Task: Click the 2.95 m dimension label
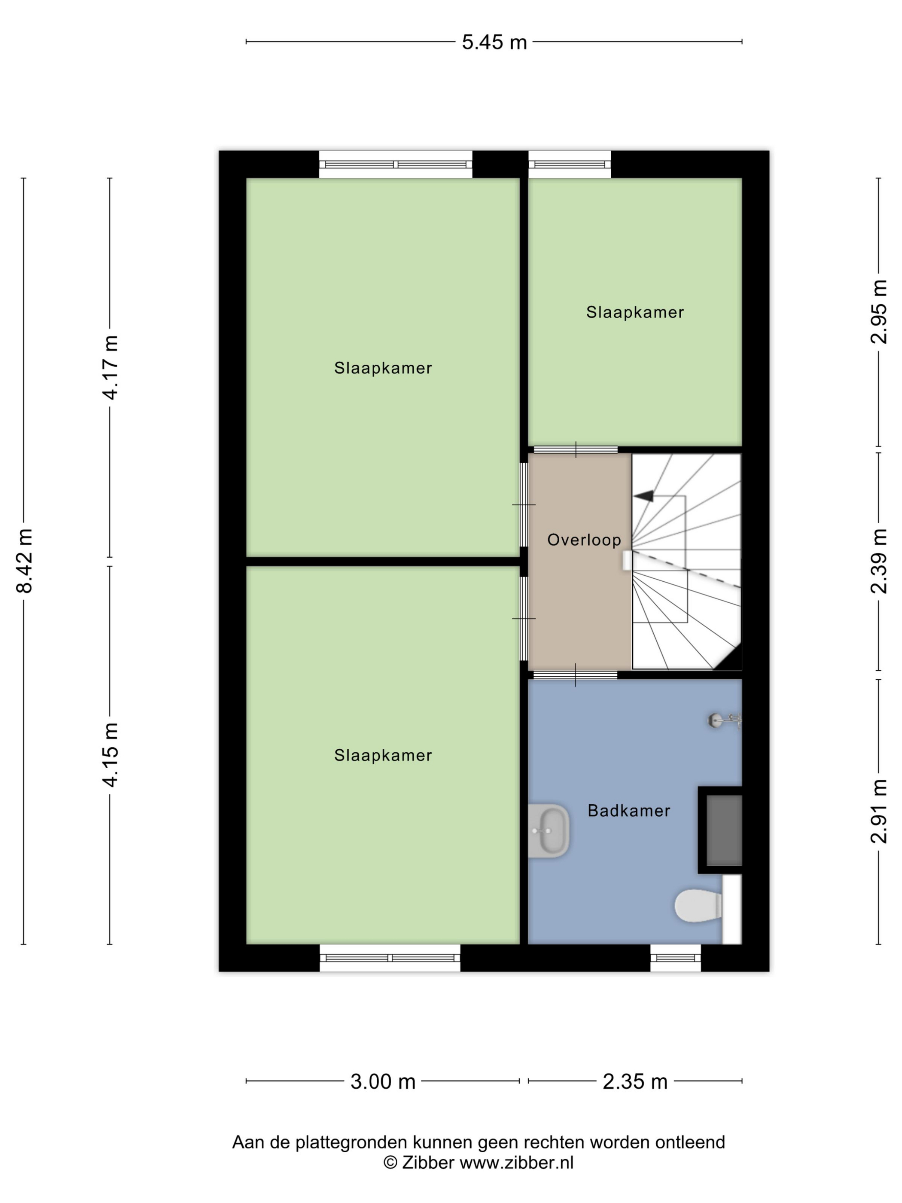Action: pos(879,311)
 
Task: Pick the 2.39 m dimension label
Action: pos(879,561)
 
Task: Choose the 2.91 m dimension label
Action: pos(879,811)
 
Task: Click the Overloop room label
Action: pos(584,540)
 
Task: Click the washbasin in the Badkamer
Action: pos(549,831)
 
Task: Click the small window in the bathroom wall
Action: pos(676,958)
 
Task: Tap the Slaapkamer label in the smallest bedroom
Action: pos(635,312)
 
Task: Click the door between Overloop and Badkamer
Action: pos(575,675)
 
